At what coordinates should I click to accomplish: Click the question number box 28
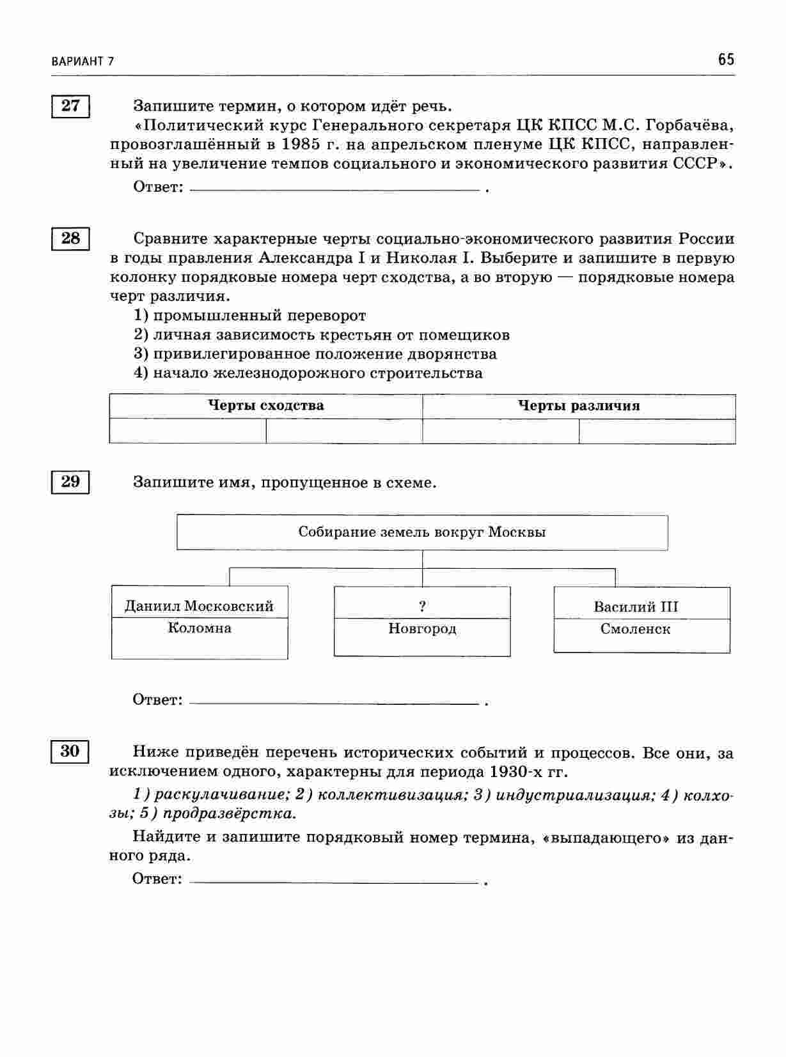(70, 239)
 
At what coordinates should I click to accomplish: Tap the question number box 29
(70, 482)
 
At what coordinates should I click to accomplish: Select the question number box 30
(70, 752)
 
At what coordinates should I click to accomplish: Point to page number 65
(726, 60)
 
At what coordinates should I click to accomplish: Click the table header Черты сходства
(266, 406)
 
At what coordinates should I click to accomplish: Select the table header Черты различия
(579, 406)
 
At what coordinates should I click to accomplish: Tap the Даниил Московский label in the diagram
(199, 606)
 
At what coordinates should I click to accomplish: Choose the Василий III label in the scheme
(636, 606)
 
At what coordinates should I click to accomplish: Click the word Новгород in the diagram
(422, 629)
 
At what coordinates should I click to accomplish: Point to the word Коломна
(200, 628)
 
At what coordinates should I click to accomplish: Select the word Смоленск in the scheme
(636, 629)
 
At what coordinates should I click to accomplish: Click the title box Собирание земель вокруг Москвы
(422, 532)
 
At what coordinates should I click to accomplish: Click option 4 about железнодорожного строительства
(308, 373)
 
